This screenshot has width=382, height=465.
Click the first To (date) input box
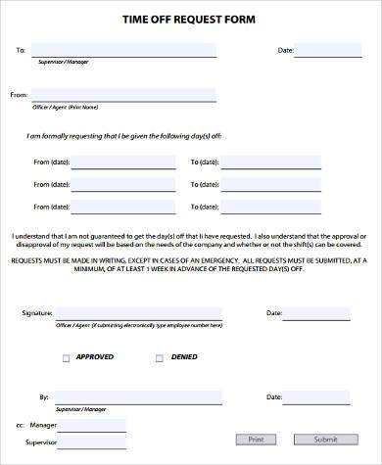point(285,161)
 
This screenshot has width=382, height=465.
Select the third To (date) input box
point(285,206)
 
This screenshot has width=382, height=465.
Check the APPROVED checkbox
point(67,358)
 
